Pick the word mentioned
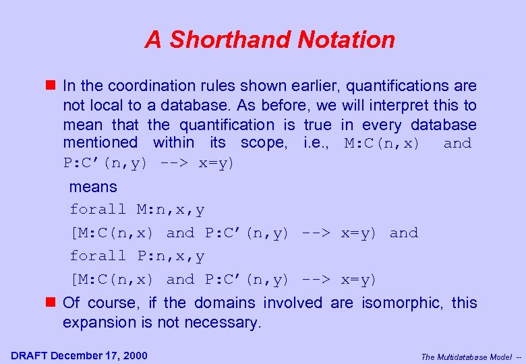click(x=100, y=143)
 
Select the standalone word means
click(x=93, y=187)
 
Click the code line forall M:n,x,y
click(x=138, y=210)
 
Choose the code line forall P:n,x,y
click(x=138, y=256)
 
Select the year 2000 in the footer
click(x=134, y=356)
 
